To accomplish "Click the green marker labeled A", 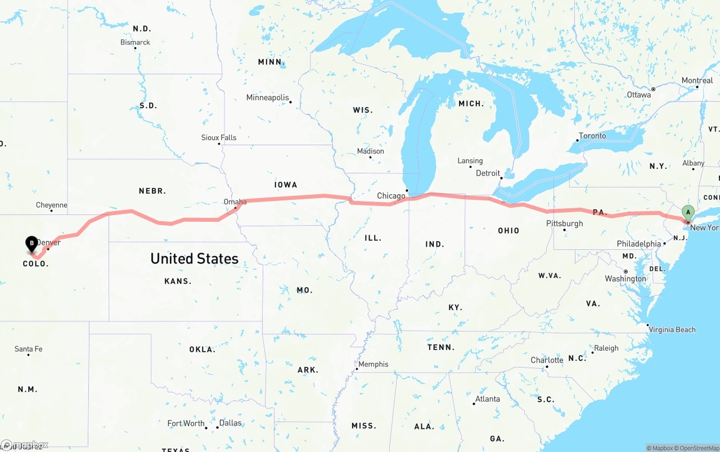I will (687, 213).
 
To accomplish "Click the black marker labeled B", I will (32, 244).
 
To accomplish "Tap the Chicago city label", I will (391, 196).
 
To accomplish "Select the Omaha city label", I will (235, 202).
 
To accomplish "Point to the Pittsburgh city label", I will (564, 223).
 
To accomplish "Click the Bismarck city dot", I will (136, 48).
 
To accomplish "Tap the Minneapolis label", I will (267, 97).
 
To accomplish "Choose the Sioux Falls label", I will (219, 137).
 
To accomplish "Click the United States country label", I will (194, 258).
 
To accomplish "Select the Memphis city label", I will (373, 364).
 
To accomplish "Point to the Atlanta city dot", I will (474, 404).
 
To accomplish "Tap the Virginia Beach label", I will (672, 330).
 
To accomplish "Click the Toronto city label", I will (592, 136).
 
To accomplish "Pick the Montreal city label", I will (697, 80).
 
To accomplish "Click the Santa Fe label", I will (28, 349).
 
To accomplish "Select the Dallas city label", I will (230, 423).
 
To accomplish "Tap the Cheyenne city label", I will (51, 205).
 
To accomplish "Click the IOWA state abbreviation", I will (286, 185).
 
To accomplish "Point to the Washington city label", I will (625, 279).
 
